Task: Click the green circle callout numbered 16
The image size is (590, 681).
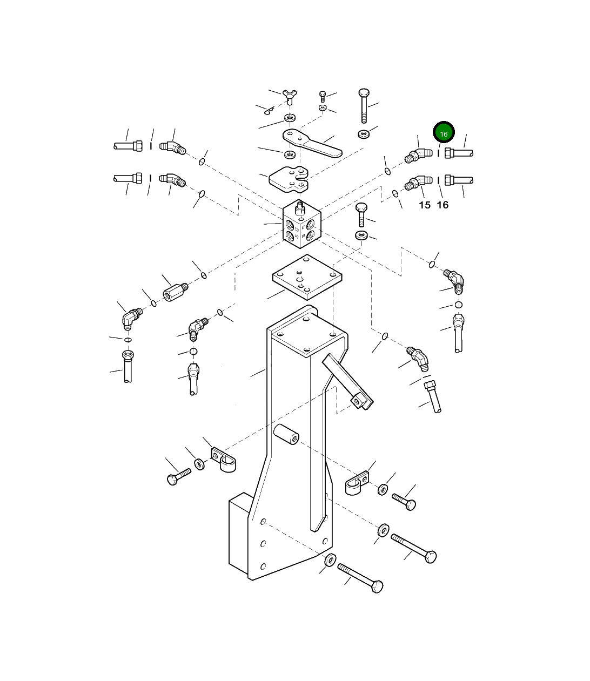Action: pos(444,133)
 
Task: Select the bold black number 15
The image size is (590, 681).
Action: pos(425,205)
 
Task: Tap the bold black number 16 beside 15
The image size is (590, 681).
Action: pos(442,205)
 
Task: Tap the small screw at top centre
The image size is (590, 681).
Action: pos(323,97)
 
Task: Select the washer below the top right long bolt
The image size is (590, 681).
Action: pos(364,133)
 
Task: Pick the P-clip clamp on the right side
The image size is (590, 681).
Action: pos(356,483)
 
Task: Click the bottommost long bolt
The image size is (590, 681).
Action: pos(361,578)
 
